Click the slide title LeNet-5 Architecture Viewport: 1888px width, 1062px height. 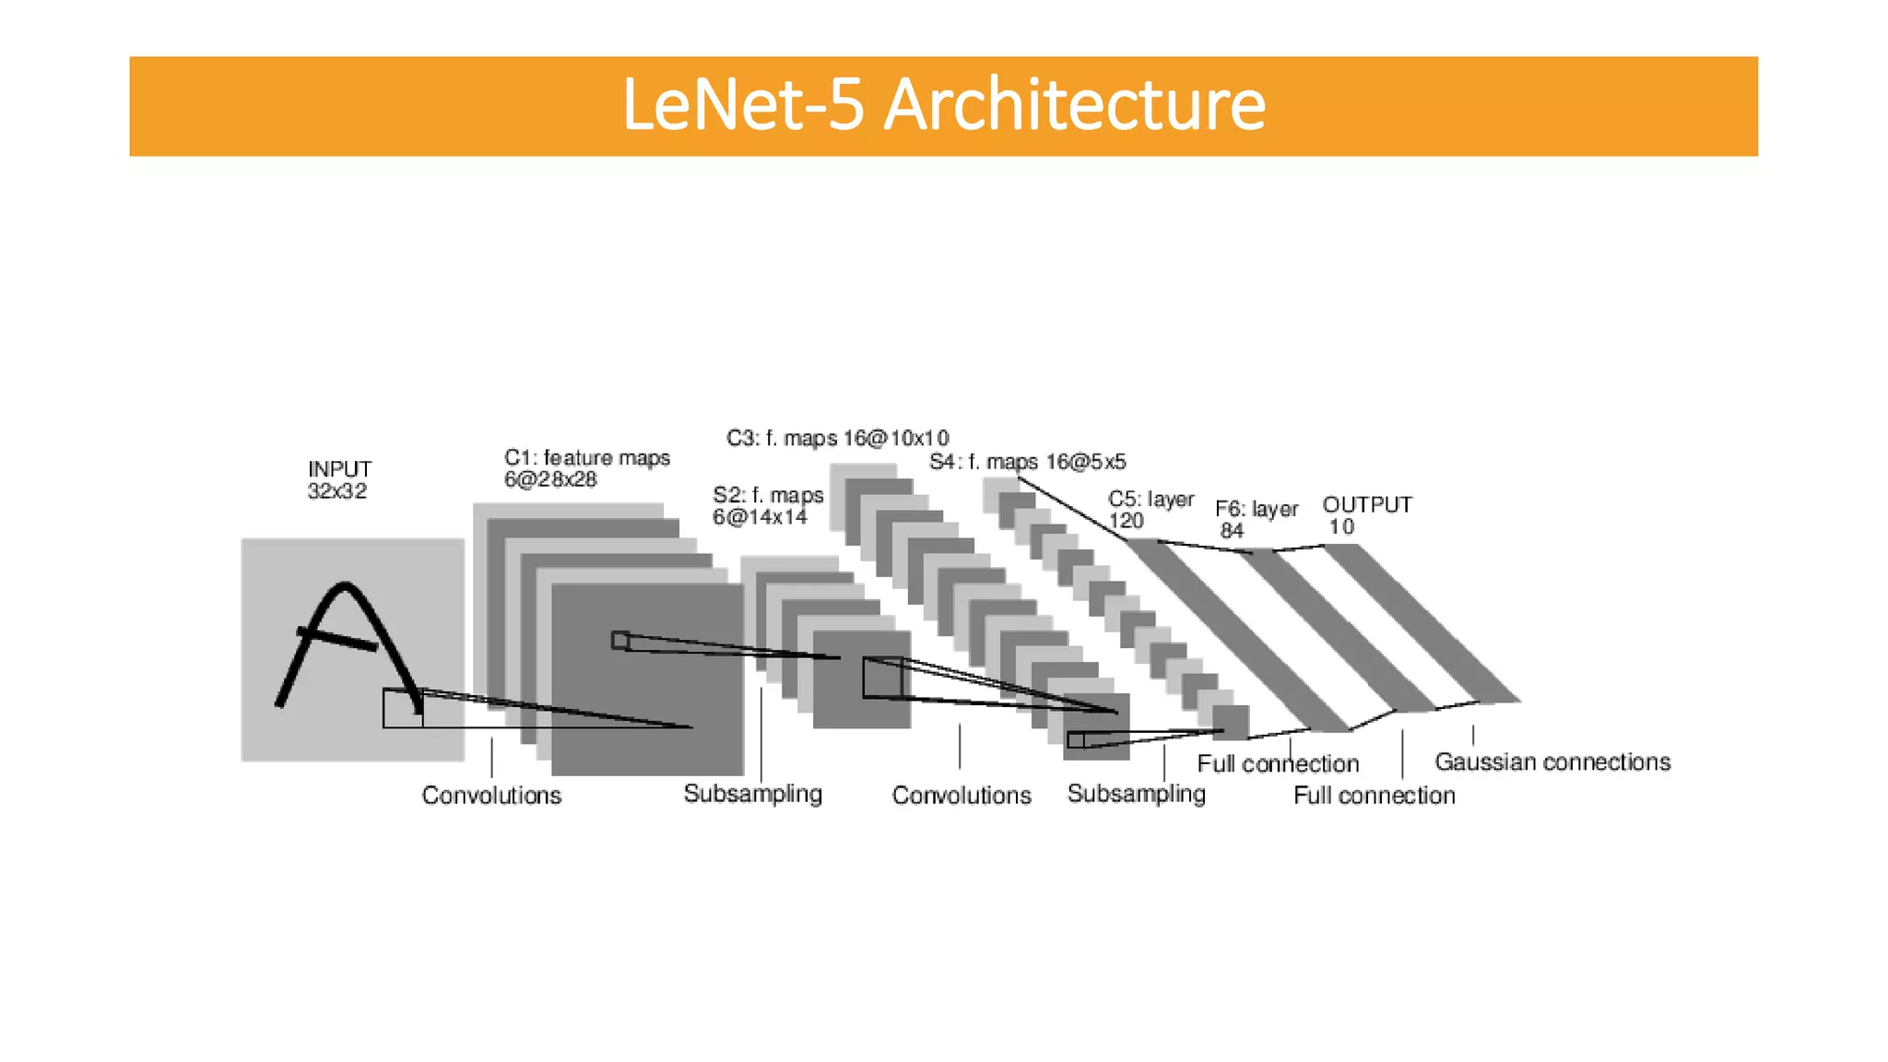tap(943, 105)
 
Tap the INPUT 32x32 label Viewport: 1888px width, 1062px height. tap(338, 480)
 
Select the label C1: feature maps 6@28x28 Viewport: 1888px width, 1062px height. tap(586, 468)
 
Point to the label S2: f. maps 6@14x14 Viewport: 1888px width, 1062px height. tap(767, 506)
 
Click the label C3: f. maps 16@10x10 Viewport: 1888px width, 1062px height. tap(837, 438)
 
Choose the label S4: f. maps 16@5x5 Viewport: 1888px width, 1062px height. tap(1027, 462)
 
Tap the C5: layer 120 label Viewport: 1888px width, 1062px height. tap(1150, 510)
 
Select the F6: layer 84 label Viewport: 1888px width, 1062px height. tap(1256, 519)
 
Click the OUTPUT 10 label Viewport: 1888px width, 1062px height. tap(1366, 515)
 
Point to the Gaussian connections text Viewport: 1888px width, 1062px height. tap(1552, 762)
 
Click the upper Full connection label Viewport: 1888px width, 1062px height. tap(1278, 764)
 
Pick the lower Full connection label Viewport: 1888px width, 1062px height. tap(1374, 796)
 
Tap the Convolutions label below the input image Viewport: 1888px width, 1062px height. tap(491, 796)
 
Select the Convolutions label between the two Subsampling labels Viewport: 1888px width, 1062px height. tap(961, 796)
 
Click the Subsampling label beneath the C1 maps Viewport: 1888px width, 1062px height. tap(752, 794)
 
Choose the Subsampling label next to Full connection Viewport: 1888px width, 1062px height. tap(1136, 794)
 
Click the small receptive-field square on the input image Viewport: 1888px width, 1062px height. tap(403, 708)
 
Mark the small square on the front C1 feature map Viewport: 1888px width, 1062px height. tap(620, 640)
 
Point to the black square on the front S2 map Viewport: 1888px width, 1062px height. tap(882, 678)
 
